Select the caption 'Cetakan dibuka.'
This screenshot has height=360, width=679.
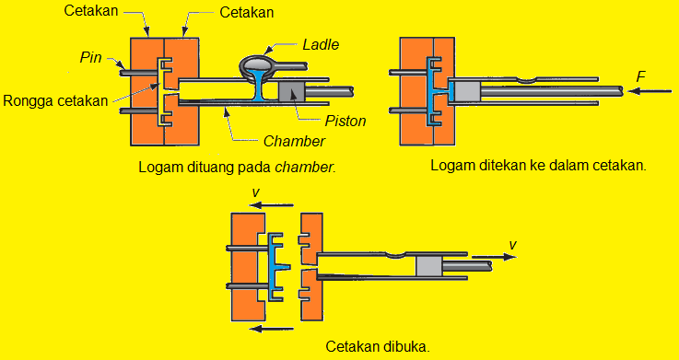pos(377,347)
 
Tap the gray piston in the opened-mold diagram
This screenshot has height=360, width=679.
pos(429,267)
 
